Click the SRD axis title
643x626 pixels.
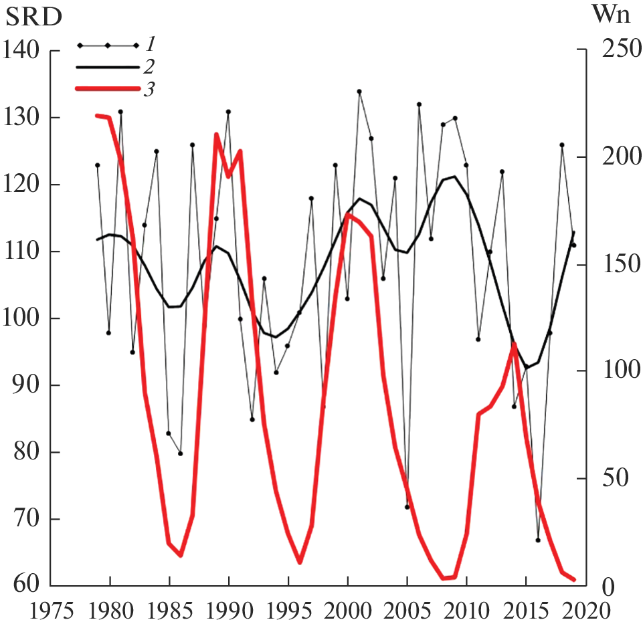pyautogui.click(x=33, y=17)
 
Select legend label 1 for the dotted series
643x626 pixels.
pyautogui.click(x=151, y=45)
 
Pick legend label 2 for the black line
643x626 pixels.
pyautogui.click(x=151, y=67)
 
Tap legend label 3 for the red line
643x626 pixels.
pyautogui.click(x=151, y=89)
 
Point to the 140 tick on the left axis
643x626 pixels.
pyautogui.click(x=22, y=50)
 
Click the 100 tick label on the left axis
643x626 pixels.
pyautogui.click(x=22, y=318)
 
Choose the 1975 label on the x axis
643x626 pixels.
pyautogui.click(x=50, y=610)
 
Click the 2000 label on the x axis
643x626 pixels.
pyautogui.click(x=348, y=610)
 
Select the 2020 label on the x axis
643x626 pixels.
pyautogui.click(x=586, y=610)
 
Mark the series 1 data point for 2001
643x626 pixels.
pyautogui.click(x=359, y=92)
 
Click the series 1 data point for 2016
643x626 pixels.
pyautogui.click(x=538, y=540)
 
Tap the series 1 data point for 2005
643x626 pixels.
pyautogui.click(x=407, y=507)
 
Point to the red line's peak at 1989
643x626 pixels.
pyautogui.click(x=217, y=134)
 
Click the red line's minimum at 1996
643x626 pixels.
pyautogui.click(x=300, y=562)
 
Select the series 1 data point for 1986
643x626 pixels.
pyautogui.click(x=181, y=453)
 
